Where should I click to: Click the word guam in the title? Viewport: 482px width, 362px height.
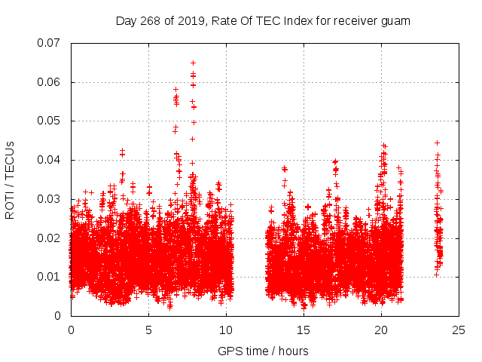click(x=396, y=21)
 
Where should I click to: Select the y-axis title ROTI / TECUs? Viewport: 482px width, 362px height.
click(x=11, y=179)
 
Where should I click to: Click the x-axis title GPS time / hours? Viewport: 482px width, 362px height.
click(x=264, y=351)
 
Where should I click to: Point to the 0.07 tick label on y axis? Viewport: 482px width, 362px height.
click(x=50, y=43)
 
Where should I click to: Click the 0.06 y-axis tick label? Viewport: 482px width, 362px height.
click(x=50, y=82)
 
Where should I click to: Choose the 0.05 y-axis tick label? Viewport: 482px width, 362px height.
click(x=50, y=121)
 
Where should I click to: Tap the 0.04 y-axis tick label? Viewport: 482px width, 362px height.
click(x=50, y=160)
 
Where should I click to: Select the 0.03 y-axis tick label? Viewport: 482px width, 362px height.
click(x=50, y=199)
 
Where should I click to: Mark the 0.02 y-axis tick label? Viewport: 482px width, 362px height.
click(x=50, y=238)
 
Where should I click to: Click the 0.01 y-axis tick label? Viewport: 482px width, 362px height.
click(x=50, y=277)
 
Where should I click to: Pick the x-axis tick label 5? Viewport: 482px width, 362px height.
click(x=149, y=330)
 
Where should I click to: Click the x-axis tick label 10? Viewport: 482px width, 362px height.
click(x=227, y=330)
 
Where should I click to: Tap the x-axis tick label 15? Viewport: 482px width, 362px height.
click(x=304, y=330)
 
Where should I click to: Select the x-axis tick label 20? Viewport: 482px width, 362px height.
click(x=382, y=330)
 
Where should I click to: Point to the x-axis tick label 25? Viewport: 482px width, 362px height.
click(x=459, y=330)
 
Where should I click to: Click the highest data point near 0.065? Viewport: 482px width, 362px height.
click(x=193, y=63)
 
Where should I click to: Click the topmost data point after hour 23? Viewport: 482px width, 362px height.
click(x=437, y=143)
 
